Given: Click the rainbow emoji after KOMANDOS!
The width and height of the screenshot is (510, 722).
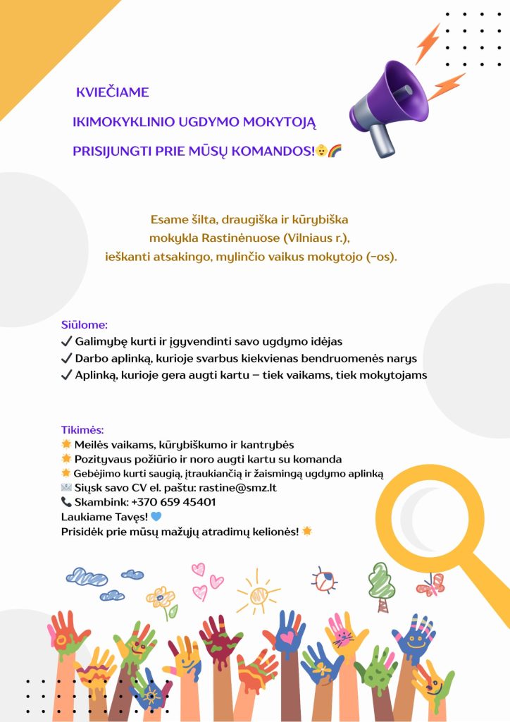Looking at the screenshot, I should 335,151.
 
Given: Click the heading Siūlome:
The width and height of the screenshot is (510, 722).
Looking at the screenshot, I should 85,325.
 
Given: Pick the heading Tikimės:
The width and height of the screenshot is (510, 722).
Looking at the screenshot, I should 83,429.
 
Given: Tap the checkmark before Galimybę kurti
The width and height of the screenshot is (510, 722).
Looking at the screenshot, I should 67,341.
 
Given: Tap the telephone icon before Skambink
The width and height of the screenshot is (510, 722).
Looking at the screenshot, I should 66,502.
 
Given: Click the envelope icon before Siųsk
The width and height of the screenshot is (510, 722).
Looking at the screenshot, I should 66,487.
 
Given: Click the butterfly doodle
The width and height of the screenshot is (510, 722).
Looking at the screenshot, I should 430,585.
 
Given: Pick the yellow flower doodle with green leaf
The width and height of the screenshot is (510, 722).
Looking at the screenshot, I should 162,600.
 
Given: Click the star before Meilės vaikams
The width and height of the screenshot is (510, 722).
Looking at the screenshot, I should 66,444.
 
